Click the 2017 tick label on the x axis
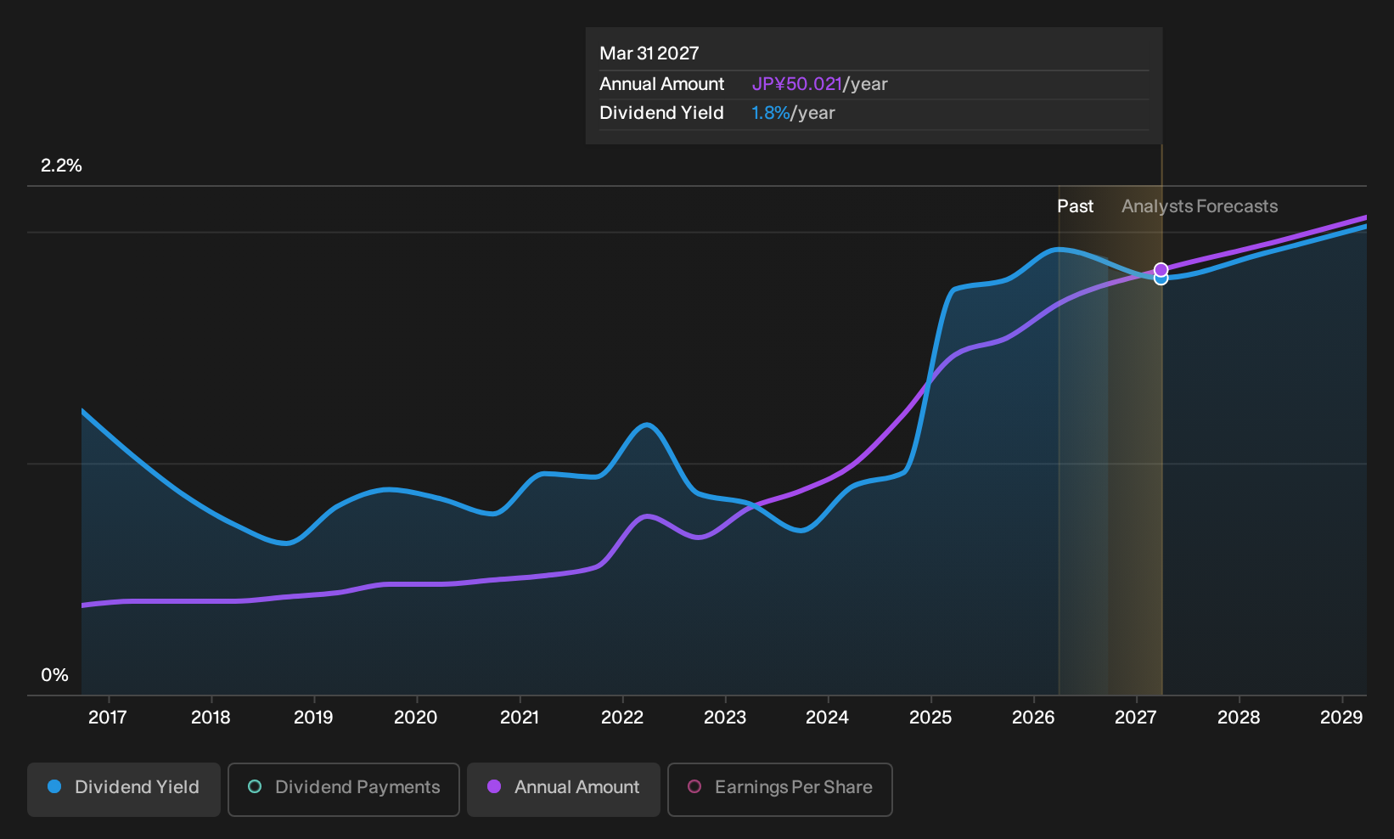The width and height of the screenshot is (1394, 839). (108, 717)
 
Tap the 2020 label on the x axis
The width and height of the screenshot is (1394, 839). (416, 717)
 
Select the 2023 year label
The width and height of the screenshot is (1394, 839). (724, 717)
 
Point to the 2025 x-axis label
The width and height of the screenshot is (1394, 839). (930, 717)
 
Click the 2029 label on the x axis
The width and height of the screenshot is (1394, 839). (1341, 717)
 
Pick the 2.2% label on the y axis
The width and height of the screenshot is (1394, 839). (61, 166)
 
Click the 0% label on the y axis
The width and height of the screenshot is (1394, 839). (55, 675)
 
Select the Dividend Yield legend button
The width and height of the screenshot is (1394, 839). (124, 789)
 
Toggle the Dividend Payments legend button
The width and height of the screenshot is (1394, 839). (344, 789)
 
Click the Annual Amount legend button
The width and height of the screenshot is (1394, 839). (563, 789)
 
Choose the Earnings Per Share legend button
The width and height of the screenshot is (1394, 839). (779, 789)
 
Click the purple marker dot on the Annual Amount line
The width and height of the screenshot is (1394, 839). (1161, 269)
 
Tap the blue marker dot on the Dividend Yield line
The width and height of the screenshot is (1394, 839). (1161, 279)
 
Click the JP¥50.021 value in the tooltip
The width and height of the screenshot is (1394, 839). (797, 84)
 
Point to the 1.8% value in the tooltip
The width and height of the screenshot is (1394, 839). (770, 113)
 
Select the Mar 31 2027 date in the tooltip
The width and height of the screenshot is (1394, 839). (649, 53)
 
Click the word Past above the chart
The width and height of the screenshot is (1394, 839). (1075, 206)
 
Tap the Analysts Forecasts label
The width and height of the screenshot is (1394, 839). (1200, 206)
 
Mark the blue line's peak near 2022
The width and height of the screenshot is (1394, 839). (647, 425)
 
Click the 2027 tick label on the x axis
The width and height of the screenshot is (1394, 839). (1136, 717)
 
